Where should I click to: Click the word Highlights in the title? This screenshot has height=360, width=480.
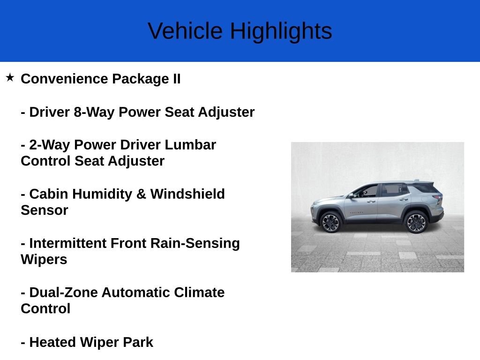[281, 31]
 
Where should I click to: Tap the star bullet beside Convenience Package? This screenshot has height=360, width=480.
[10, 77]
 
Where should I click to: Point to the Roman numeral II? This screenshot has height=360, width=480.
[174, 79]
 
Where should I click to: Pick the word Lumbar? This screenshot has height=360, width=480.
[192, 145]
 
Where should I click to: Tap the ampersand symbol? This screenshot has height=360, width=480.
[141, 194]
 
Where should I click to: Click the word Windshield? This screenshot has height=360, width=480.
[187, 194]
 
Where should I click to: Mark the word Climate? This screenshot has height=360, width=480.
[199, 293]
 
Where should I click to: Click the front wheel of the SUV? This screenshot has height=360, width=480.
[330, 222]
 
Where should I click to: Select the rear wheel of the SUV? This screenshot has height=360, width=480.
[416, 221]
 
